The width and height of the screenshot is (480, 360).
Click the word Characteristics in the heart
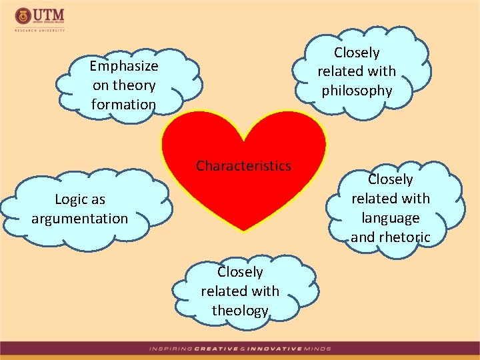(x=243, y=166)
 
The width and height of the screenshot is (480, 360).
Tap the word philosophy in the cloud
(x=357, y=91)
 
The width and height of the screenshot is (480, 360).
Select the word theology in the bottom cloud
(x=240, y=311)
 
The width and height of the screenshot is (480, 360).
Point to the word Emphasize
(x=124, y=66)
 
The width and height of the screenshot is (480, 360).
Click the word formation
(x=123, y=105)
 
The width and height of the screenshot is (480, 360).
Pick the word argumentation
(x=79, y=219)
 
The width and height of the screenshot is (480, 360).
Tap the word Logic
(x=67, y=199)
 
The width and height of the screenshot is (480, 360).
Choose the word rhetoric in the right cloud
(x=403, y=237)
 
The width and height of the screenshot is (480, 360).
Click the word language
(x=391, y=218)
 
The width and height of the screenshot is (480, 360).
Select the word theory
(x=134, y=85)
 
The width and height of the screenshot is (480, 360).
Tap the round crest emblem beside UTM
(x=23, y=15)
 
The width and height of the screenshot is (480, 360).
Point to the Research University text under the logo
(x=40, y=29)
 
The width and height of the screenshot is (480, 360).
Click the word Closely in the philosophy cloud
(x=357, y=53)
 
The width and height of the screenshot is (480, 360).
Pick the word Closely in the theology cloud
(x=240, y=272)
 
